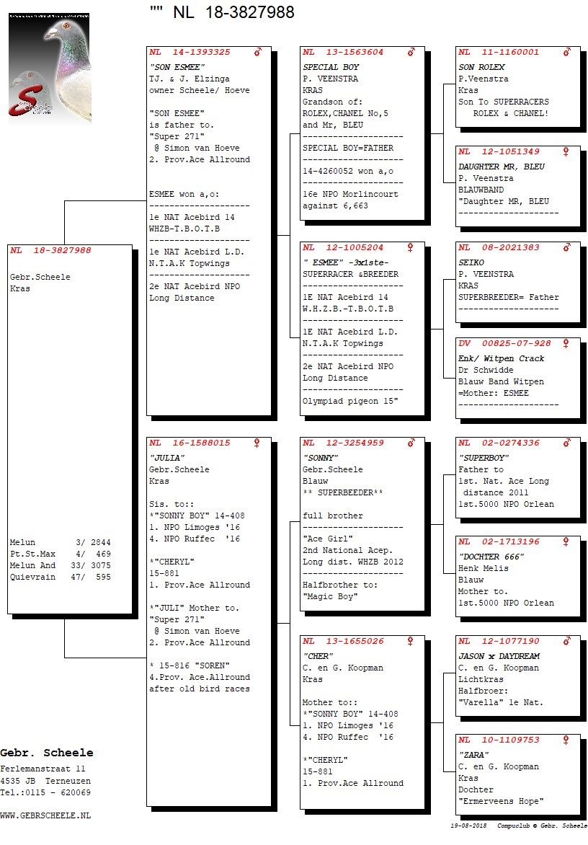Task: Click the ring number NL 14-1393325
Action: (x=190, y=53)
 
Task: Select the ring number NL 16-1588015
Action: (x=190, y=443)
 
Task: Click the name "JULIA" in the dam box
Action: (x=167, y=458)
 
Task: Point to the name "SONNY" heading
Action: (x=321, y=458)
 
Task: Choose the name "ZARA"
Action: (x=474, y=754)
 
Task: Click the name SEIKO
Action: (x=471, y=262)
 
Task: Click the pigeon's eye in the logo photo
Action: (x=66, y=26)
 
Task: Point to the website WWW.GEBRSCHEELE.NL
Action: (x=45, y=815)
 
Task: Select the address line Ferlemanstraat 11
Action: (x=43, y=769)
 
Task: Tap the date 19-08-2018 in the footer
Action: (x=468, y=826)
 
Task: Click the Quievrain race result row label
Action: (x=32, y=577)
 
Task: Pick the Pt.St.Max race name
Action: (x=32, y=554)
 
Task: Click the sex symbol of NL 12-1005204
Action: (x=410, y=247)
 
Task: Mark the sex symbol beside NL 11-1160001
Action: (x=566, y=53)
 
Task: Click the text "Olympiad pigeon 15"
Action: (x=350, y=401)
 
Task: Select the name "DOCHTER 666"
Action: (x=491, y=556)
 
